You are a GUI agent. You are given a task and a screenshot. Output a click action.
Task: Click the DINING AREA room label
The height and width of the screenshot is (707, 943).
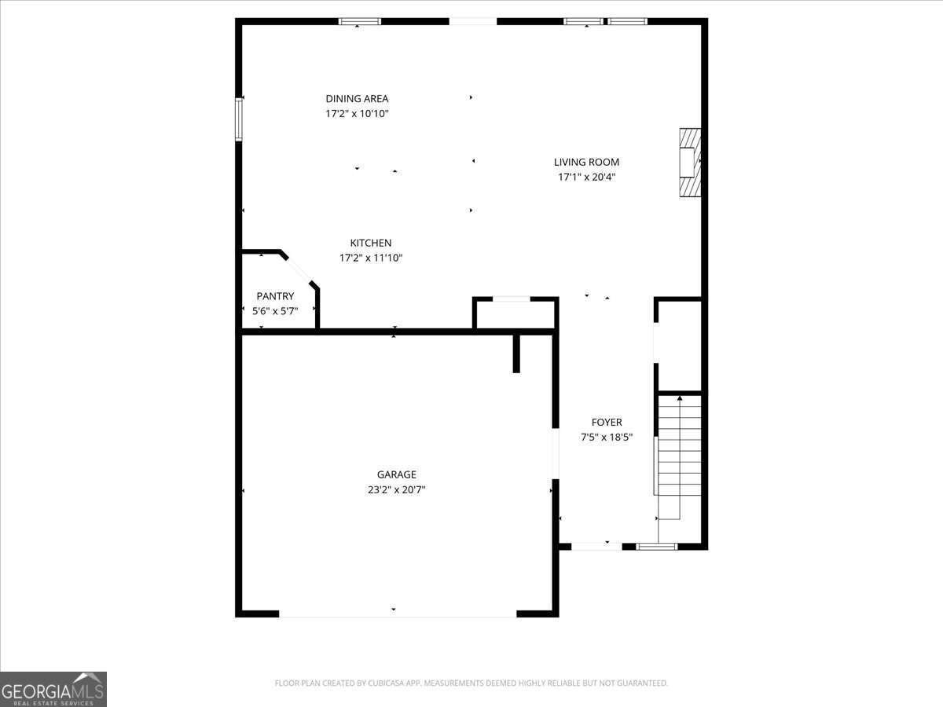[x=357, y=99]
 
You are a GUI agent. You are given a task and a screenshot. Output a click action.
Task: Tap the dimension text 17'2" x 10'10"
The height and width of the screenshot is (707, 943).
[x=357, y=114]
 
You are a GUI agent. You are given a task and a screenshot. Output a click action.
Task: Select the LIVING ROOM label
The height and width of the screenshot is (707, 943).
[x=586, y=163]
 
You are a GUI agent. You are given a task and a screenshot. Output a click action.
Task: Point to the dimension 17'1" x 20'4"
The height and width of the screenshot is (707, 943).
[x=586, y=178]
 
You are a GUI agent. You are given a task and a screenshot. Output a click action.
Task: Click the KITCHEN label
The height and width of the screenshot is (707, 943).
[x=370, y=244]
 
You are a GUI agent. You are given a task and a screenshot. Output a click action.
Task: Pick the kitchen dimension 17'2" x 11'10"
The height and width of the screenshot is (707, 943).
[x=370, y=258]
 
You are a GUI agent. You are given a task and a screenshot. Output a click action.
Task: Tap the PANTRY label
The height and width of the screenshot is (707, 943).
[x=275, y=296]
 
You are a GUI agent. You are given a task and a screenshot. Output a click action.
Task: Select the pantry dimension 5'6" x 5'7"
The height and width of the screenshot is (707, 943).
[x=275, y=311]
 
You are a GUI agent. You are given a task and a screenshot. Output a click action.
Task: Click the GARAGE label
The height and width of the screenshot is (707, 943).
[x=396, y=474]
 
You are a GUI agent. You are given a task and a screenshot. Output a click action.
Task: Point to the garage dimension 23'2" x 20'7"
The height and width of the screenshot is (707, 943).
[x=396, y=489]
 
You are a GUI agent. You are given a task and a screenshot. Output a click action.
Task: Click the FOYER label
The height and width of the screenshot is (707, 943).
[x=607, y=423]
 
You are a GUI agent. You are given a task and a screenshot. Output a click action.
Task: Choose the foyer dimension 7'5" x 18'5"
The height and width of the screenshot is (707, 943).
[x=607, y=438]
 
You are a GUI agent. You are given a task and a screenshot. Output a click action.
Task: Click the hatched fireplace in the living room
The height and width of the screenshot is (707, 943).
[x=689, y=163]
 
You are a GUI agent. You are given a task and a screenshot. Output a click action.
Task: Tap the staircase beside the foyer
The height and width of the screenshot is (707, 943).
[x=679, y=456]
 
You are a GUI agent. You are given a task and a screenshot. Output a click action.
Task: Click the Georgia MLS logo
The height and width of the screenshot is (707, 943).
[x=53, y=689]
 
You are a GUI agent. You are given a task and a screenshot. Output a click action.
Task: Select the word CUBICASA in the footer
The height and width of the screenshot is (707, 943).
[x=385, y=683]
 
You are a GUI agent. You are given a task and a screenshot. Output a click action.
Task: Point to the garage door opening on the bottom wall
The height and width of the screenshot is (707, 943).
[x=397, y=614]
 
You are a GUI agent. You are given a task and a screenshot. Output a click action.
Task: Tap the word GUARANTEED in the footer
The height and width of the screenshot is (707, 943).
[x=642, y=683]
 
